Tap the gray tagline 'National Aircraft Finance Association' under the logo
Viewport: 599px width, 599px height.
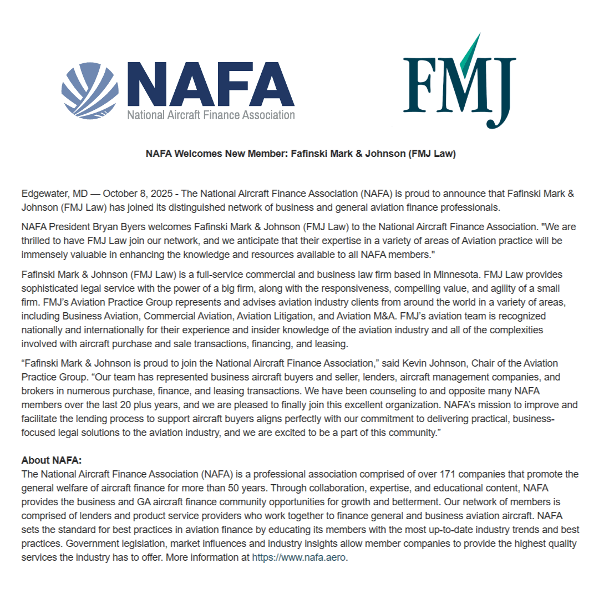coord(211,115)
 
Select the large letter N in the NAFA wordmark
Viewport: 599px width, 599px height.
coord(149,84)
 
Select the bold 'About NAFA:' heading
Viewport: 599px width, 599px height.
coord(52,460)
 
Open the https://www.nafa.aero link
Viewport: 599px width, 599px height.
coord(299,557)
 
